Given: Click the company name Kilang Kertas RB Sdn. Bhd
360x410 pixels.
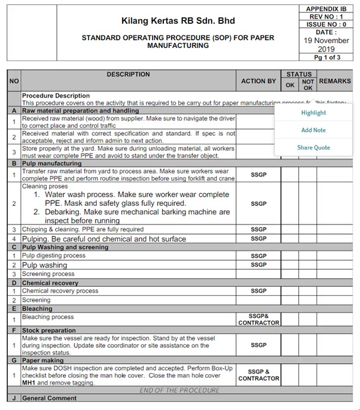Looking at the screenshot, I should (178, 20).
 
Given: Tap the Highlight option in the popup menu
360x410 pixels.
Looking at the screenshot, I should (313, 113).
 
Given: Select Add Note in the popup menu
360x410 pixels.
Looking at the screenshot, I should (313, 130).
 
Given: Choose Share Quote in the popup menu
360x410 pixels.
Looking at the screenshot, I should (313, 147).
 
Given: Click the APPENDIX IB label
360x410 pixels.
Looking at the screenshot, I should (326, 9).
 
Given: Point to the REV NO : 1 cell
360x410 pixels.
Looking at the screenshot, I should (326, 17).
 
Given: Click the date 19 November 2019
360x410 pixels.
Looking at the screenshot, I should (326, 45).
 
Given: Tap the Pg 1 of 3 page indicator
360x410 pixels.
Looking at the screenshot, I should (326, 57).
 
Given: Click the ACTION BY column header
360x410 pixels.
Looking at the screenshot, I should (258, 81).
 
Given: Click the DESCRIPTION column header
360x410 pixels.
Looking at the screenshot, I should (128, 74).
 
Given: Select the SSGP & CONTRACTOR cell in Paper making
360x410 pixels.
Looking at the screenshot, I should (258, 375).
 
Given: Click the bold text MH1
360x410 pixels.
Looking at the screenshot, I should (28, 382).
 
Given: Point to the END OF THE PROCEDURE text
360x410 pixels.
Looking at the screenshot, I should (179, 390).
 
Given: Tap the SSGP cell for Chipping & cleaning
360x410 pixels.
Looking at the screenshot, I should (258, 229).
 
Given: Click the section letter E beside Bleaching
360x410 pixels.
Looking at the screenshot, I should (14, 309).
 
